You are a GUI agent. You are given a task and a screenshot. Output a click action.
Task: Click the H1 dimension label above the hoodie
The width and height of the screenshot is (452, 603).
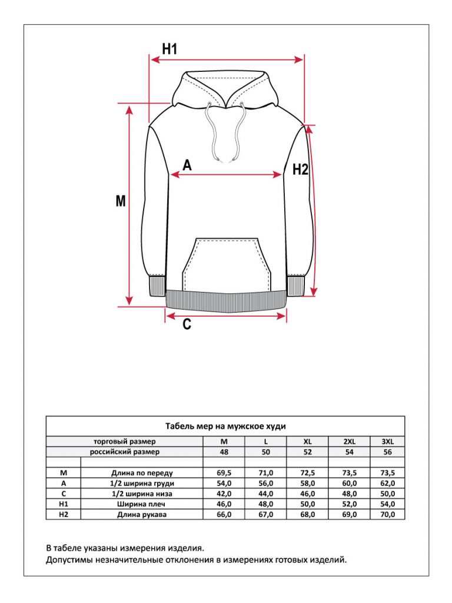tap(170, 49)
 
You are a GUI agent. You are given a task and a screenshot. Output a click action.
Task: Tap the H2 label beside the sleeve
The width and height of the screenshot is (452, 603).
tap(300, 170)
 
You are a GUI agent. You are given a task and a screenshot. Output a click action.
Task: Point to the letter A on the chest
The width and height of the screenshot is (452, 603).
tap(187, 165)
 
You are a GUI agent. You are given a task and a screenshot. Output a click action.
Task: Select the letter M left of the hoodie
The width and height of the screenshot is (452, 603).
tap(121, 201)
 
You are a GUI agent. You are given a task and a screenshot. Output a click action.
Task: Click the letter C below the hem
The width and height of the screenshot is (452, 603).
tap(187, 323)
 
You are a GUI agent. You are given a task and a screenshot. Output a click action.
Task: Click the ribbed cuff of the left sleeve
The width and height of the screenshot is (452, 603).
tap(157, 287)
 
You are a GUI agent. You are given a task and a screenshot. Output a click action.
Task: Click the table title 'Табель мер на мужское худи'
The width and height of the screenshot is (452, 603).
tap(225, 426)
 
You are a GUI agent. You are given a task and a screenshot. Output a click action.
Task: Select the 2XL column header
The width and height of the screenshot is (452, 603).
tap(350, 441)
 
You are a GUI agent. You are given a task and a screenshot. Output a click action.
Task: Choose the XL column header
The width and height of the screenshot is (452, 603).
tap(307, 441)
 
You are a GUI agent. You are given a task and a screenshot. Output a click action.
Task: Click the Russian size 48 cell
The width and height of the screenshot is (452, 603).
tap(224, 452)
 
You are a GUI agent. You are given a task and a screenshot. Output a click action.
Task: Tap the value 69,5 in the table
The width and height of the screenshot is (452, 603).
tap(224, 472)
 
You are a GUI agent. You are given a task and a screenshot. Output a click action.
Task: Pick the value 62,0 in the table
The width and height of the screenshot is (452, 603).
tap(388, 483)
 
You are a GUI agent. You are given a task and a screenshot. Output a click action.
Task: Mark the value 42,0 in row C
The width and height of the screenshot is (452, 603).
tap(224, 493)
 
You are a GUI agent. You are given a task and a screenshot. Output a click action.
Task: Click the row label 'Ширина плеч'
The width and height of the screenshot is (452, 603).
tap(142, 504)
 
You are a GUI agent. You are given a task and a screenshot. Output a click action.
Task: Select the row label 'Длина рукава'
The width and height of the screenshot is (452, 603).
tap(142, 515)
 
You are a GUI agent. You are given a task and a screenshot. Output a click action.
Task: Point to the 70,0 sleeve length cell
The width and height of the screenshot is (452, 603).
tap(388, 515)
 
